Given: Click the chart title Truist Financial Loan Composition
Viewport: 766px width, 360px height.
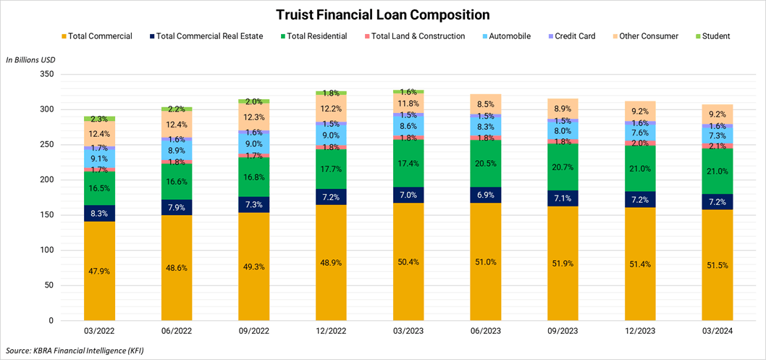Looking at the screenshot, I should click(x=382, y=14).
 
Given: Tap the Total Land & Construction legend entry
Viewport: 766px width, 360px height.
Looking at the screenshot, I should click(x=417, y=36).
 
